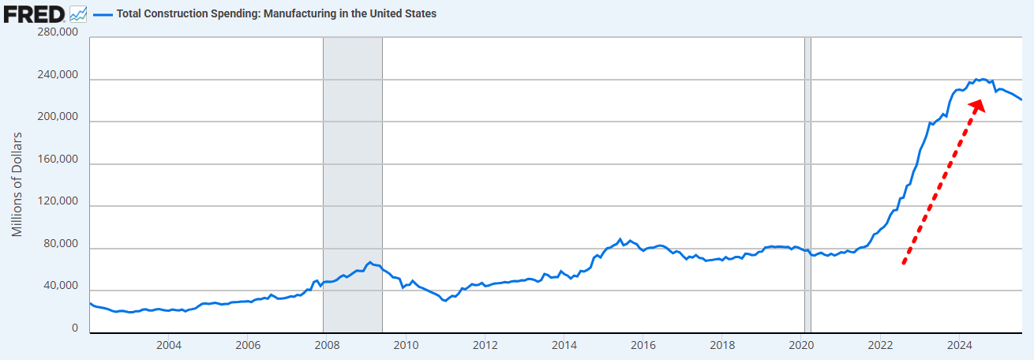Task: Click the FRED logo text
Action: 34,13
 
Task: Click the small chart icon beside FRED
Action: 78,13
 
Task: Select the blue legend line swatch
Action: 102,14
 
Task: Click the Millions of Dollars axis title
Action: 18,184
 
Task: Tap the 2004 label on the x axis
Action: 169,344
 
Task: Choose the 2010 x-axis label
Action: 406,344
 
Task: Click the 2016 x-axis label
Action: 643,344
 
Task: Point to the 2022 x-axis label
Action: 880,344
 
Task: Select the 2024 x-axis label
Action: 959,344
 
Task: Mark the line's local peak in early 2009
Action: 369,261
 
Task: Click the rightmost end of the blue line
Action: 1022,99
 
